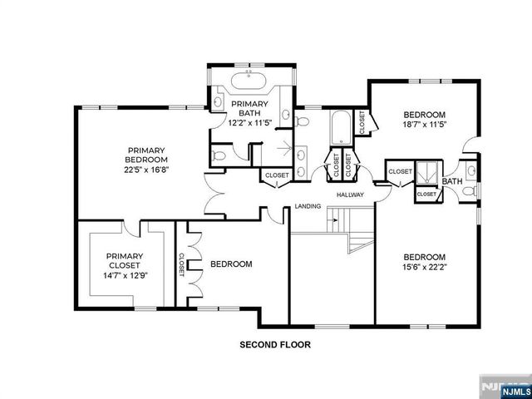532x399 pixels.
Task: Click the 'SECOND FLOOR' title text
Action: click(x=275, y=343)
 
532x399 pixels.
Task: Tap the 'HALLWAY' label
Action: click(x=352, y=195)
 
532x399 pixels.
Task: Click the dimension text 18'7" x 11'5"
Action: click(x=425, y=126)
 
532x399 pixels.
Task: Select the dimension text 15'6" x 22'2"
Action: click(x=425, y=268)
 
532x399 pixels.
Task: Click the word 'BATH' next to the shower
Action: click(x=452, y=181)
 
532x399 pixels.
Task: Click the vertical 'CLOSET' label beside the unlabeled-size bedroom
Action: click(x=180, y=264)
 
